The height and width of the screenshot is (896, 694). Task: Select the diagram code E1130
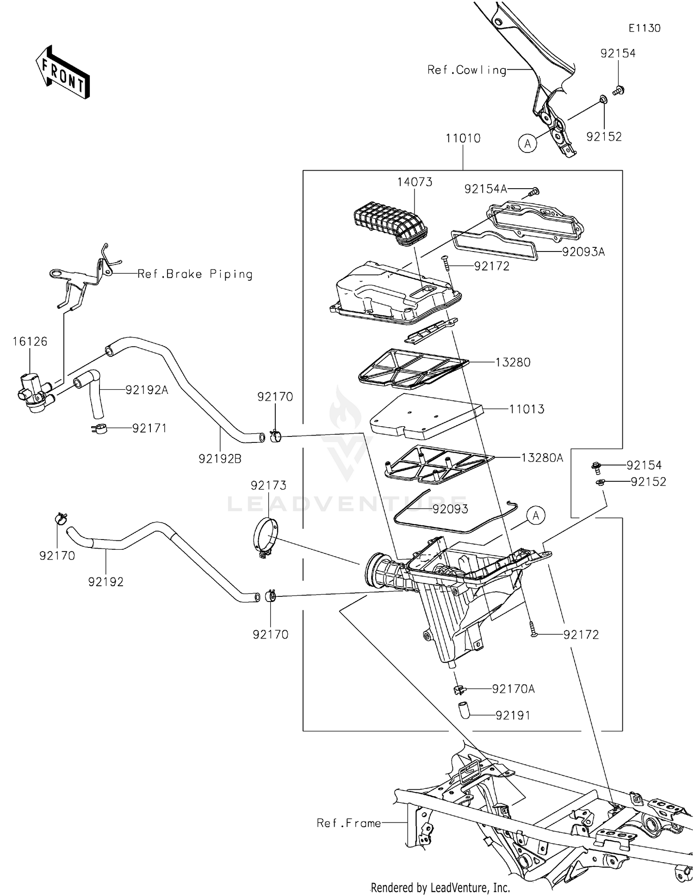point(644,28)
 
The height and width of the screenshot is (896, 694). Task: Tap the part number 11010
point(463,138)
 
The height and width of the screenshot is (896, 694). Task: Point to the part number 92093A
point(583,252)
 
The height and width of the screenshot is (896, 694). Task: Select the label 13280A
point(542,458)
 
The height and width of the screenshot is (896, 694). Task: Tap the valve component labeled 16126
point(32,393)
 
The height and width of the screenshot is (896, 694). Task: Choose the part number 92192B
point(220,459)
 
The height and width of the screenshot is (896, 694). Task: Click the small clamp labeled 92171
point(99,429)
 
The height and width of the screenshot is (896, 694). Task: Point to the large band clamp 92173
point(266,539)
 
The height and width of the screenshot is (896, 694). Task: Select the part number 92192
point(106,582)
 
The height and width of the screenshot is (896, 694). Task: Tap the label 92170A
point(513,689)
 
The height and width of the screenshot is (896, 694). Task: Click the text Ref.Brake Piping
point(195,274)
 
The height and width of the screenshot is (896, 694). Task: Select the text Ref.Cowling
point(466,70)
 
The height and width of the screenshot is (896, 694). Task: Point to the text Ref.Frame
point(348,823)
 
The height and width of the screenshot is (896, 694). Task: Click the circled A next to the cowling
point(527,144)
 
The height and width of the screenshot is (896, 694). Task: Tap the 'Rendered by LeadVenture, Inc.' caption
point(440,887)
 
